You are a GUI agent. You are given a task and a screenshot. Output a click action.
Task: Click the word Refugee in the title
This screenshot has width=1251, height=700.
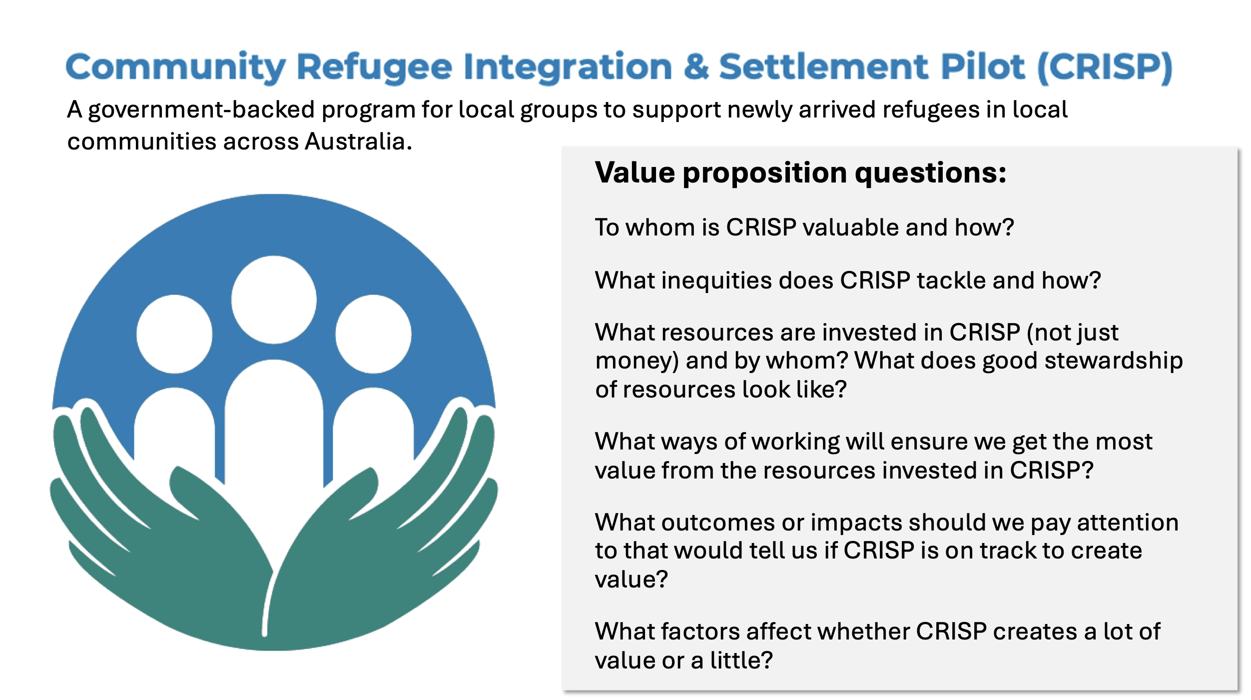pos(374,67)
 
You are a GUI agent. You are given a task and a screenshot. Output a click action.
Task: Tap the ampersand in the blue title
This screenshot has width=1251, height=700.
pos(696,66)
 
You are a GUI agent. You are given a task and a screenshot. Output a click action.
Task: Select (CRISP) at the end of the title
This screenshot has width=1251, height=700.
pos(1105,67)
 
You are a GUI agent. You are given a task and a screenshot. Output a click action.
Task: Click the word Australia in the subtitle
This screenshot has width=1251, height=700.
pos(359,141)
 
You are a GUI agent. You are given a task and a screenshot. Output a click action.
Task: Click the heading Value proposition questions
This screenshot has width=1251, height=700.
pos(800,173)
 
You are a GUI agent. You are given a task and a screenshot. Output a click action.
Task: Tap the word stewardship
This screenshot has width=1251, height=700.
pos(1114,361)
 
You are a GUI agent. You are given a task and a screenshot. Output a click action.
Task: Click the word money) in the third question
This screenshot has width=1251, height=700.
pos(637,361)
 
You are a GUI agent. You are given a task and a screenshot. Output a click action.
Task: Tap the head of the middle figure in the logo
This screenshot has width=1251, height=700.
pos(274,299)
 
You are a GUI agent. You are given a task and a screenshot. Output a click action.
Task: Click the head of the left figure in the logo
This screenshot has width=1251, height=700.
pos(174,334)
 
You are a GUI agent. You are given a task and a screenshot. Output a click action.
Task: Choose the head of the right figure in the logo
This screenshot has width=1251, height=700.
pos(373,334)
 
